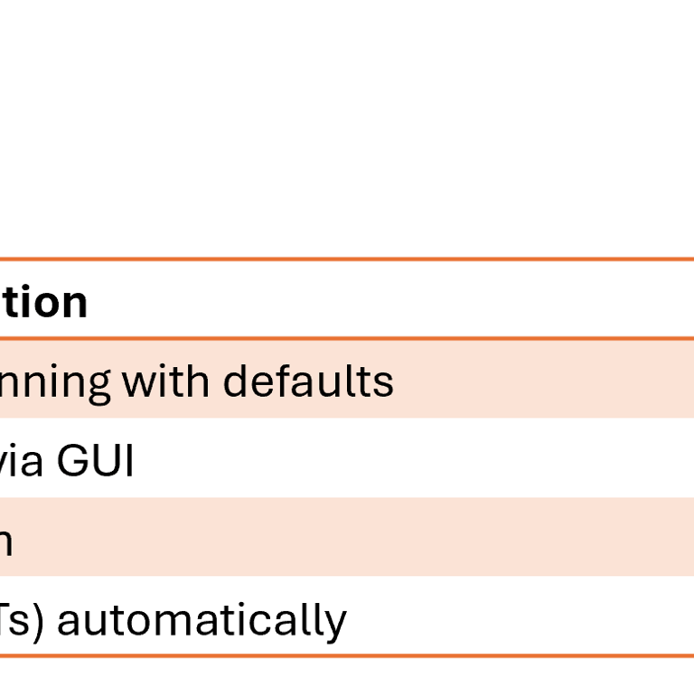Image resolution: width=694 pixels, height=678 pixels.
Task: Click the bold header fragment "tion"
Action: point(44,303)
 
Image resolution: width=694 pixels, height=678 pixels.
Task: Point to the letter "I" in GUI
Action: point(128,462)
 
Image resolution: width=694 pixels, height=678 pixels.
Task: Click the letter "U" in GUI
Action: point(105,462)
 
